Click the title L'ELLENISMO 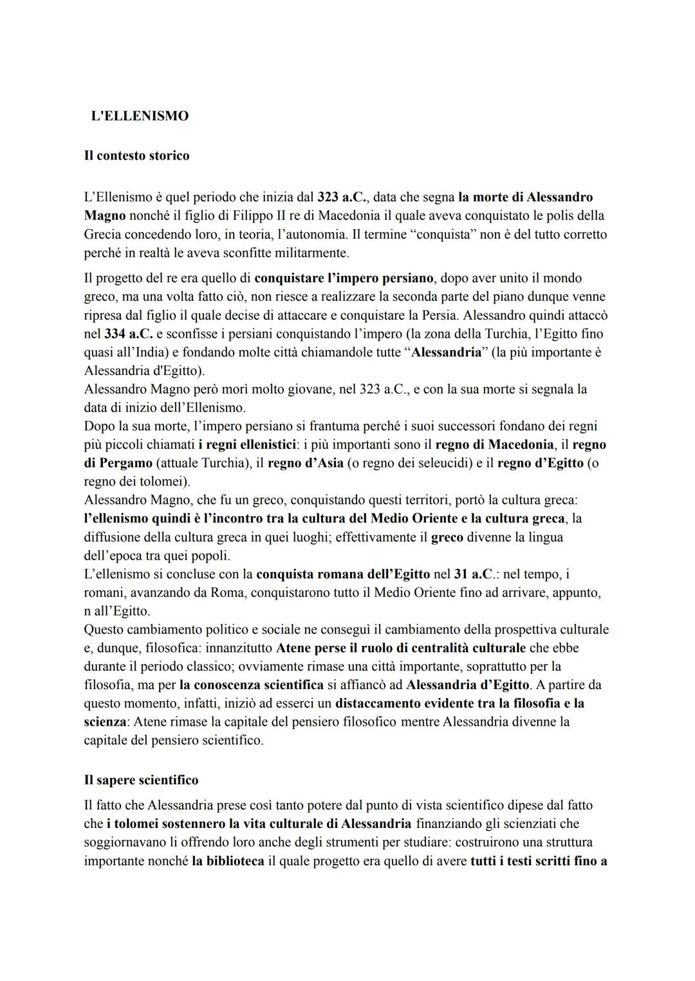(x=140, y=116)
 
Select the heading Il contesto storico (x=136, y=156)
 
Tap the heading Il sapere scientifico (x=141, y=780)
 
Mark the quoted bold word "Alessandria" (x=447, y=353)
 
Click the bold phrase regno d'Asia (x=305, y=463)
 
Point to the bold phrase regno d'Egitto (x=541, y=463)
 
